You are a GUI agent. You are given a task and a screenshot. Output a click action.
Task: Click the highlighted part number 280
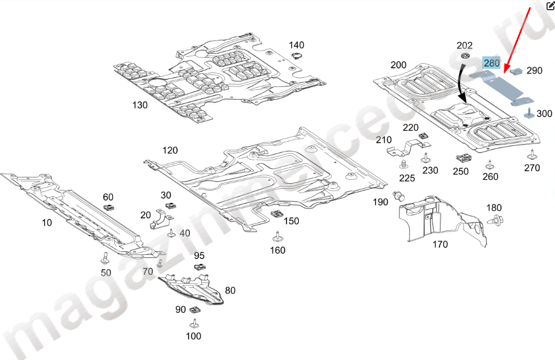click(x=491, y=63)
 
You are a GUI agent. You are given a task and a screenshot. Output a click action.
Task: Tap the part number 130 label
click(x=140, y=105)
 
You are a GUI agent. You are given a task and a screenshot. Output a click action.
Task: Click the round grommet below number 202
click(x=465, y=56)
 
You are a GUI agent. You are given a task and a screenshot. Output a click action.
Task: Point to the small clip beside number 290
click(x=517, y=71)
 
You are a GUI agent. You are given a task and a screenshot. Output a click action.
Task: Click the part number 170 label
click(x=440, y=245)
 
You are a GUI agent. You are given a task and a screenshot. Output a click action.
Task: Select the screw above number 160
click(x=277, y=235)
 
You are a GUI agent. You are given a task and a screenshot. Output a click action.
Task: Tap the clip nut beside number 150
click(x=277, y=214)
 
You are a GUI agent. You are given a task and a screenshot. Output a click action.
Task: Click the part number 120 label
click(x=170, y=151)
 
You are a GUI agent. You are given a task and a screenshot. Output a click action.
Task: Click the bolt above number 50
click(x=106, y=258)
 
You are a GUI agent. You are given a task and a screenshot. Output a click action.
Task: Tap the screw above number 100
click(x=194, y=324)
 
